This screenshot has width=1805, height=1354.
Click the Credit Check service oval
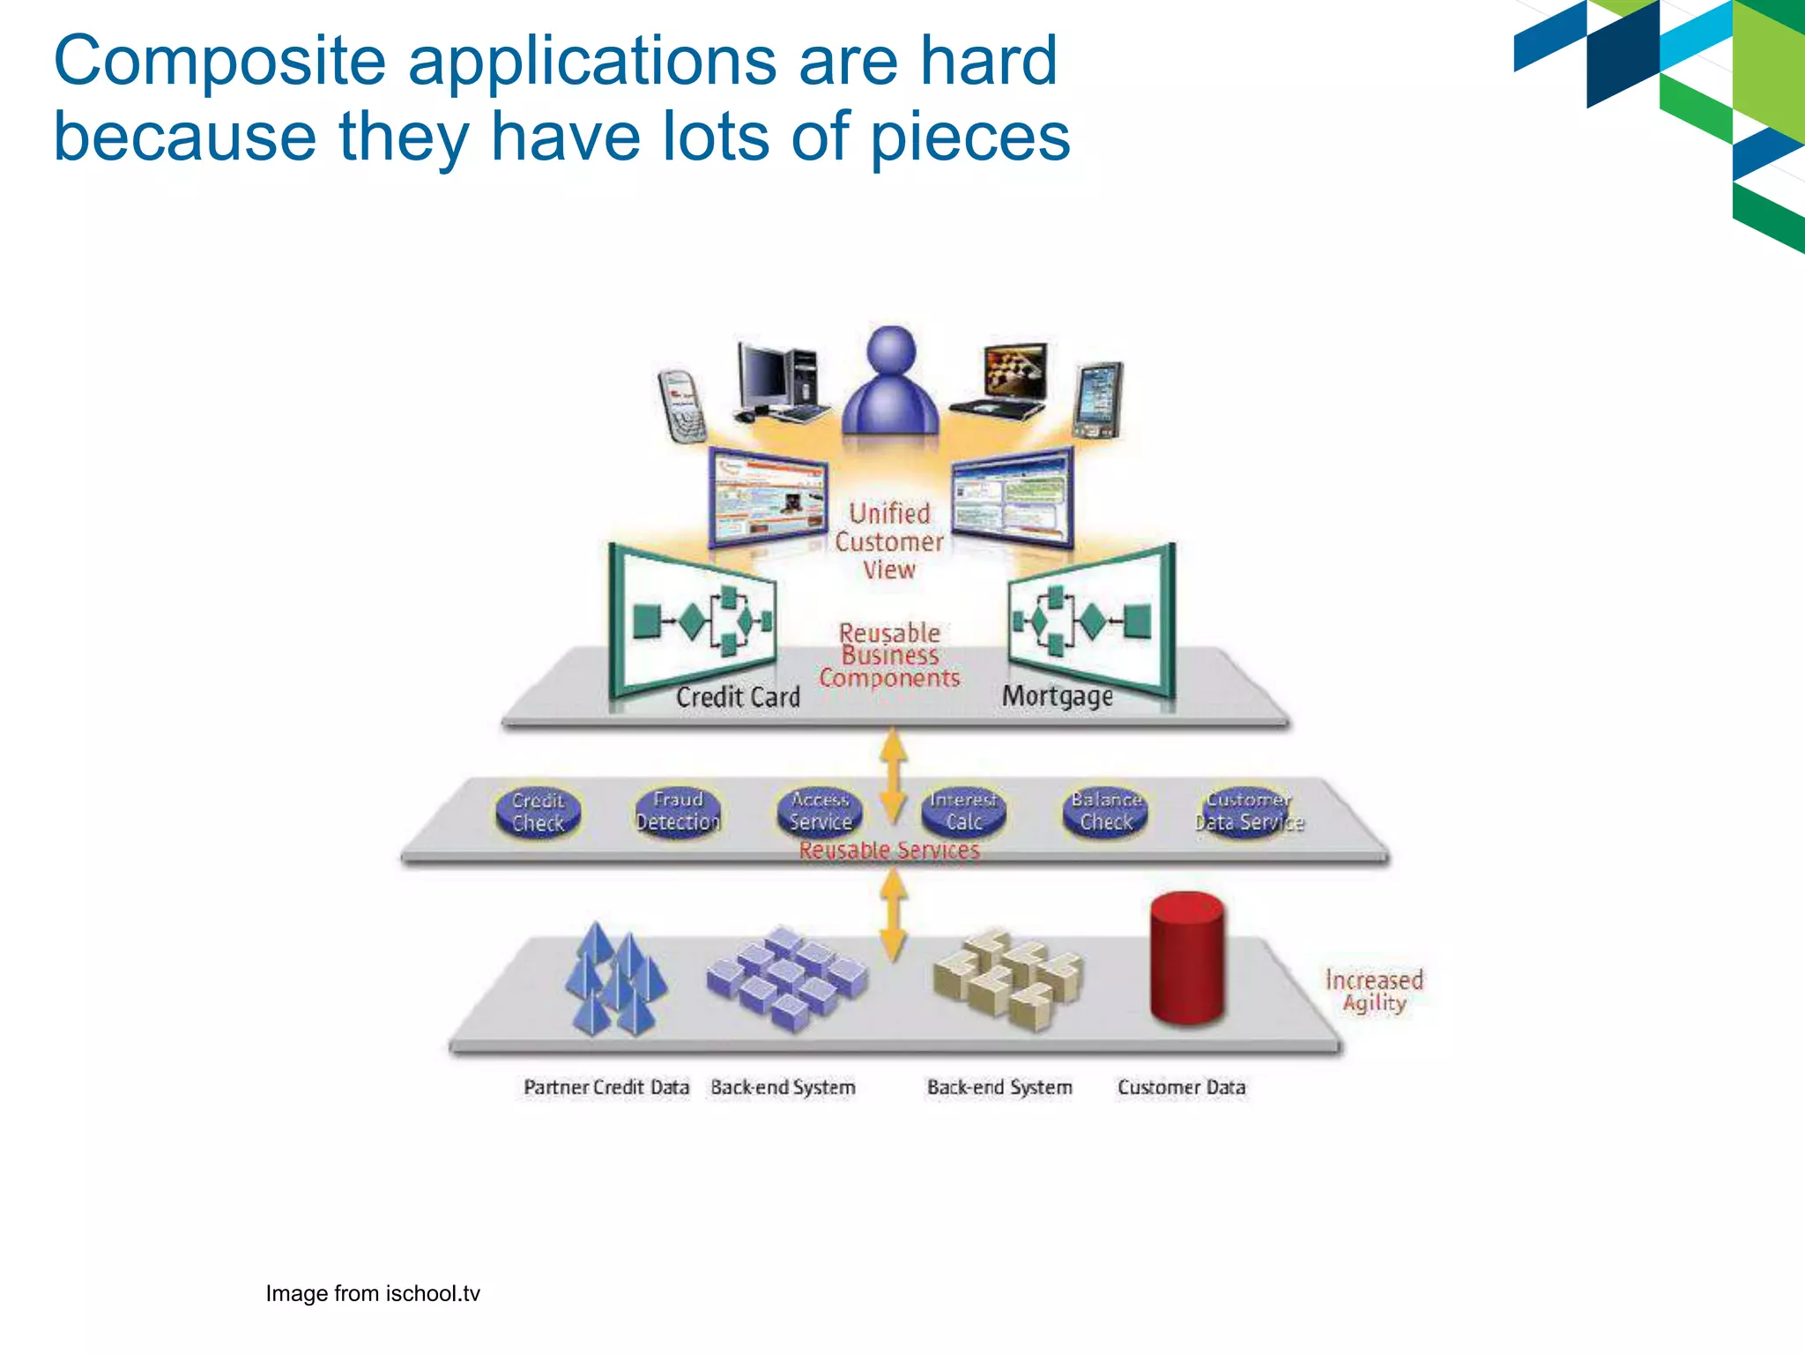(x=538, y=812)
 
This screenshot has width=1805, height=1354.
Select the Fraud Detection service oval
(x=678, y=811)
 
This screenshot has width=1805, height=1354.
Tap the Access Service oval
(x=820, y=811)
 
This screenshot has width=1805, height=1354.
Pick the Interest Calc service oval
(x=963, y=811)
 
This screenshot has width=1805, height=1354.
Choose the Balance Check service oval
(x=1106, y=811)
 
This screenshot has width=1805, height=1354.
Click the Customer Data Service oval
(x=1249, y=811)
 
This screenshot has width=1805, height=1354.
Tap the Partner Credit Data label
(x=606, y=1088)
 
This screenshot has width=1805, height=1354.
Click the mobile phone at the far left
(x=681, y=405)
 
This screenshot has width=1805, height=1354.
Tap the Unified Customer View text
(x=889, y=541)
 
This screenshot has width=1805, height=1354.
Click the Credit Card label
(x=738, y=697)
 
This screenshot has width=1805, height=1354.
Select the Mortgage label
(x=1058, y=696)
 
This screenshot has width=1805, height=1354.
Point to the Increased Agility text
(x=1374, y=991)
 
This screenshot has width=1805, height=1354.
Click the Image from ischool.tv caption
(x=373, y=1293)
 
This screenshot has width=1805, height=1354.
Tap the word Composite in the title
(x=219, y=62)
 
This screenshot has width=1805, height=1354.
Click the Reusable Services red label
(x=889, y=851)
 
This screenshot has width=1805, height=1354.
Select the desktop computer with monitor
(x=780, y=382)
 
